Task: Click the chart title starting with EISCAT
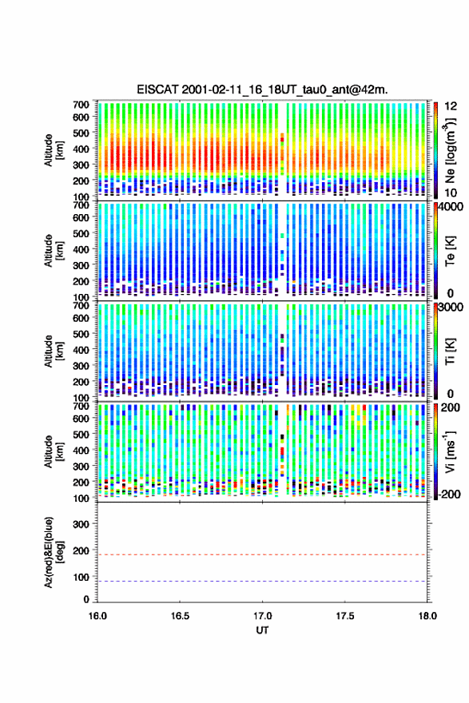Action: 262,89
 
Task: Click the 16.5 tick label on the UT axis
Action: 180,616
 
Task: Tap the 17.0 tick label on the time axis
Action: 262,616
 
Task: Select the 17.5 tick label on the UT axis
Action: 345,616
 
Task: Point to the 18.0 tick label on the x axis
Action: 427,616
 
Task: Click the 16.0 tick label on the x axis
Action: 97,616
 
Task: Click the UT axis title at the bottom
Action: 262,630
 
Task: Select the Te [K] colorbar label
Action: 450,251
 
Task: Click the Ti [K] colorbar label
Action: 450,351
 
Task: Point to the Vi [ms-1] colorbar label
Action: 450,451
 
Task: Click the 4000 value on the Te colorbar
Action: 451,207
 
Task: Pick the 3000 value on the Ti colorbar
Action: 451,307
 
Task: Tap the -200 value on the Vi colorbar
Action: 450,494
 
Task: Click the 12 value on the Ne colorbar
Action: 451,106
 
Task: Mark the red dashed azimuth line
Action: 262,554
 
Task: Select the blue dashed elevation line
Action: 262,582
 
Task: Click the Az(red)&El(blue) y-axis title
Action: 54,552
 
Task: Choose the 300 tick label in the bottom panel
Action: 81,524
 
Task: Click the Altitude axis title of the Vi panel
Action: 54,451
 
